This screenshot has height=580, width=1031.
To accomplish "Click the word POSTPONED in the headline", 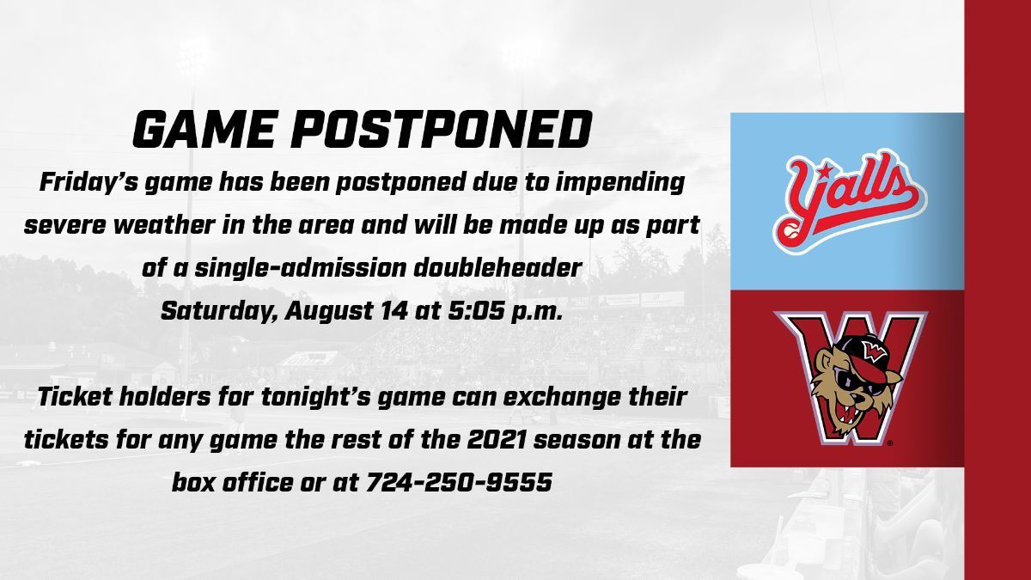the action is point(441,130).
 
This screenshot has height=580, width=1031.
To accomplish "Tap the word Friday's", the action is point(88,183).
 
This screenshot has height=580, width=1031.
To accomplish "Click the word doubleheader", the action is point(497,268).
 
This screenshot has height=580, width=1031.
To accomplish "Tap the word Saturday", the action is point(218,312).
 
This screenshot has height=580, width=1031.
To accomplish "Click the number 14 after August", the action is point(394,311).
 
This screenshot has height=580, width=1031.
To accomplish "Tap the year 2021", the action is point(497,440).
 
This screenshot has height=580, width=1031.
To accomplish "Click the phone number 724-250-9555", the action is point(459,482).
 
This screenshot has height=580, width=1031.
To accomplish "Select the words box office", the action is point(233,482).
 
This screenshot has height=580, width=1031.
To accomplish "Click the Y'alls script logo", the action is point(849,202).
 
